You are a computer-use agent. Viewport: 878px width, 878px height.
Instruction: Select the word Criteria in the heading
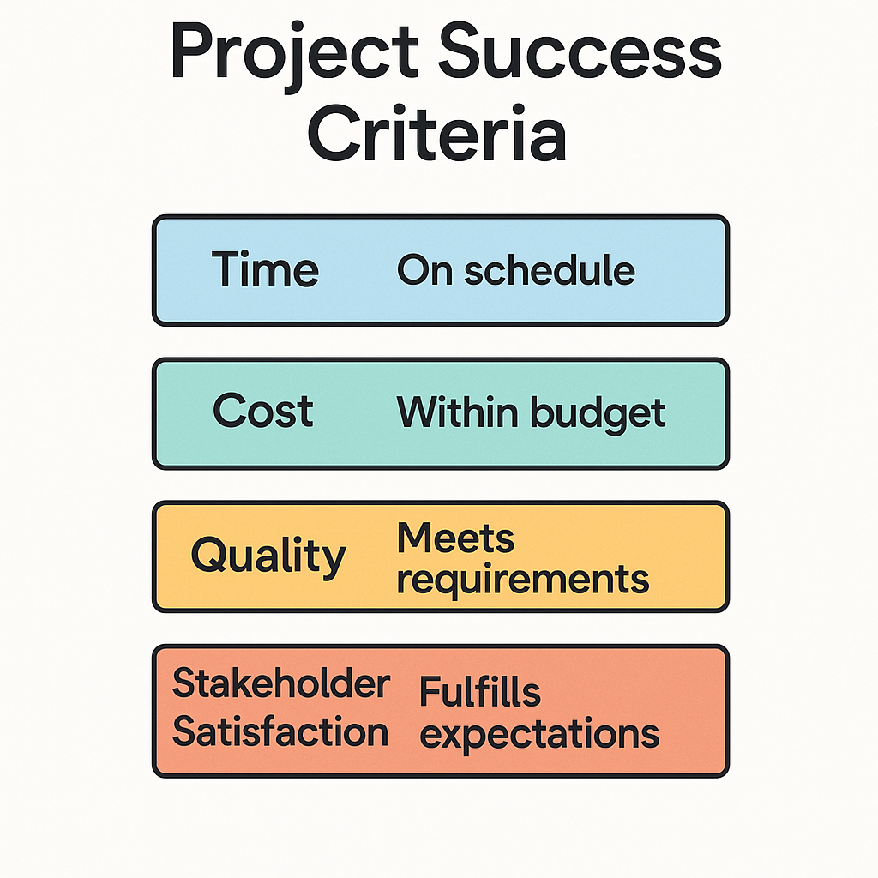[x=437, y=134]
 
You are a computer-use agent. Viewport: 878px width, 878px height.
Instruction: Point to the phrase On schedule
[x=515, y=269]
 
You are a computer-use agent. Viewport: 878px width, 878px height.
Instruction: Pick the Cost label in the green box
[x=262, y=410]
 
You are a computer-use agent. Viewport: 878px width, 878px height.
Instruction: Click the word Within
[x=457, y=412]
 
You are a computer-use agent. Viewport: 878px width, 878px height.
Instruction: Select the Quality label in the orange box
[x=268, y=556]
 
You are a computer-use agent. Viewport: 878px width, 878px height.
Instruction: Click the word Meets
[x=455, y=538]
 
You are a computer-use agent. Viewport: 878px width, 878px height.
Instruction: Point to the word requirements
[x=523, y=580]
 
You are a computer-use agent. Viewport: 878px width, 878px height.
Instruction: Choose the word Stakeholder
[x=281, y=683]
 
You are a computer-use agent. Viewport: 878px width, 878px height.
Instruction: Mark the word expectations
[x=540, y=734]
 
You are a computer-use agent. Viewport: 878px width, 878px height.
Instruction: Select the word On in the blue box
[x=424, y=270]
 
